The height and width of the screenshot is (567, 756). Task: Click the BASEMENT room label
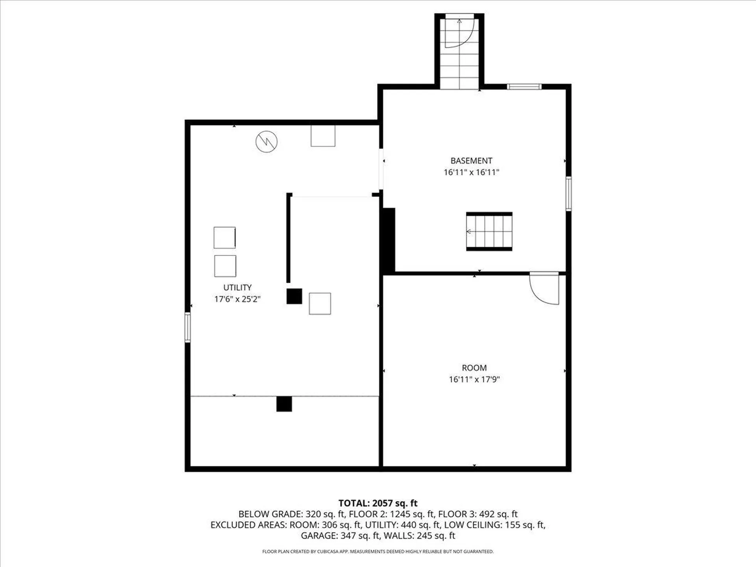click(x=471, y=161)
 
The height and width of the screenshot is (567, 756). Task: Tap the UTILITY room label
click(x=237, y=287)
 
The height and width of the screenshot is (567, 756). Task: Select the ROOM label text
click(x=474, y=368)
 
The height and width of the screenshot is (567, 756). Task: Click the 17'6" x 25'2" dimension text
click(x=237, y=299)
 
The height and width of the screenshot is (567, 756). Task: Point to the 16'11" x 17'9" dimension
click(x=474, y=379)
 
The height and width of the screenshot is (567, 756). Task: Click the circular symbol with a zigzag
click(x=267, y=141)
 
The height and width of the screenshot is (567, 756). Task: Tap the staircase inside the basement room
click(x=489, y=232)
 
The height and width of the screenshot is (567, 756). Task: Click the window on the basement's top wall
click(x=524, y=87)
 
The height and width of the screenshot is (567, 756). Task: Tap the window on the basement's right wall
click(x=569, y=193)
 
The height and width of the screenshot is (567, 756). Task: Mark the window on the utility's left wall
click(x=188, y=327)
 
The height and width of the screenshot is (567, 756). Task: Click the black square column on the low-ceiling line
click(x=284, y=404)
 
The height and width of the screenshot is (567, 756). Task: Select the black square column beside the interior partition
click(x=294, y=296)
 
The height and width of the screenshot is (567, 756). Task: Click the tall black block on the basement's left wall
click(x=388, y=240)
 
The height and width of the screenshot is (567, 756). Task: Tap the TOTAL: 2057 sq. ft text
click(x=378, y=503)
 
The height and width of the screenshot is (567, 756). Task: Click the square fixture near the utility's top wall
click(x=323, y=136)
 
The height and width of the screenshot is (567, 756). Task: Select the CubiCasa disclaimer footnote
click(x=378, y=552)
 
